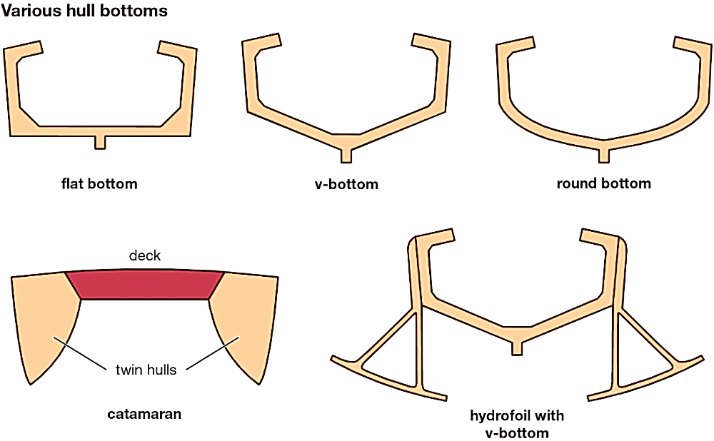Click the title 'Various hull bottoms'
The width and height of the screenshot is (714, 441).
85,12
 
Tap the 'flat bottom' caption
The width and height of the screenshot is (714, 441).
99,184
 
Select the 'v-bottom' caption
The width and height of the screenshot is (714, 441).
346,185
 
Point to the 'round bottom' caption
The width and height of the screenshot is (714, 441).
603,184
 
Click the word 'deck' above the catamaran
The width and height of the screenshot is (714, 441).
145,255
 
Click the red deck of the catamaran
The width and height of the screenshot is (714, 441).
145,285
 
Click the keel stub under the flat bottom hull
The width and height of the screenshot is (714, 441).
100,141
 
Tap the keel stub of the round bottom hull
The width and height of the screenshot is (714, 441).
604,153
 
